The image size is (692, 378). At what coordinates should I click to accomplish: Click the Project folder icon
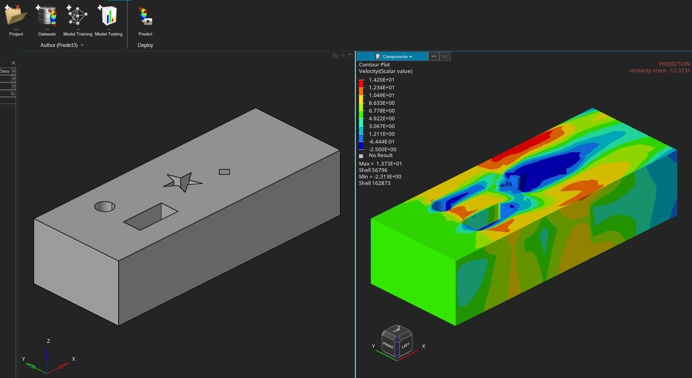(16, 16)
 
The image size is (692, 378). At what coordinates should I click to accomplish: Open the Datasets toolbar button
(47, 16)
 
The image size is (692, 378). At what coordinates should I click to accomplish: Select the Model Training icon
(77, 16)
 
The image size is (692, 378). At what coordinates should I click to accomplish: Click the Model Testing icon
(109, 16)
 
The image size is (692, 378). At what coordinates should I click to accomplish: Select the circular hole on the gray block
(105, 206)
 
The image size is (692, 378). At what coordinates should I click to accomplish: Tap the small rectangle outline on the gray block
(224, 172)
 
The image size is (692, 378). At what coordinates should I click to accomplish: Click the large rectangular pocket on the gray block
(150, 217)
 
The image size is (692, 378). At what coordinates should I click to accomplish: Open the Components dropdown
(395, 57)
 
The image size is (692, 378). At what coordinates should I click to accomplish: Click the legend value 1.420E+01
(381, 80)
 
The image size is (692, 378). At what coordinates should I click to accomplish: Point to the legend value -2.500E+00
(382, 149)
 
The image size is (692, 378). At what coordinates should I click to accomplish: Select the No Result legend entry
(380, 155)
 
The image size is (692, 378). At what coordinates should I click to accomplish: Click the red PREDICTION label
(674, 64)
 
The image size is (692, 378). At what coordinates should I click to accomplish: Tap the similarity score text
(659, 70)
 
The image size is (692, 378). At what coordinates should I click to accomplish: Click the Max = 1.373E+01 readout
(380, 163)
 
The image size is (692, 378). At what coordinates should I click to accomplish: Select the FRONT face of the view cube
(388, 345)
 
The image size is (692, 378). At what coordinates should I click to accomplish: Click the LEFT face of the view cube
(405, 345)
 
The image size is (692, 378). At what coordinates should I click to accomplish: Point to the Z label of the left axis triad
(48, 341)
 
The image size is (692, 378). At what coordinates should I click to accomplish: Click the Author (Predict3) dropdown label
(59, 45)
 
